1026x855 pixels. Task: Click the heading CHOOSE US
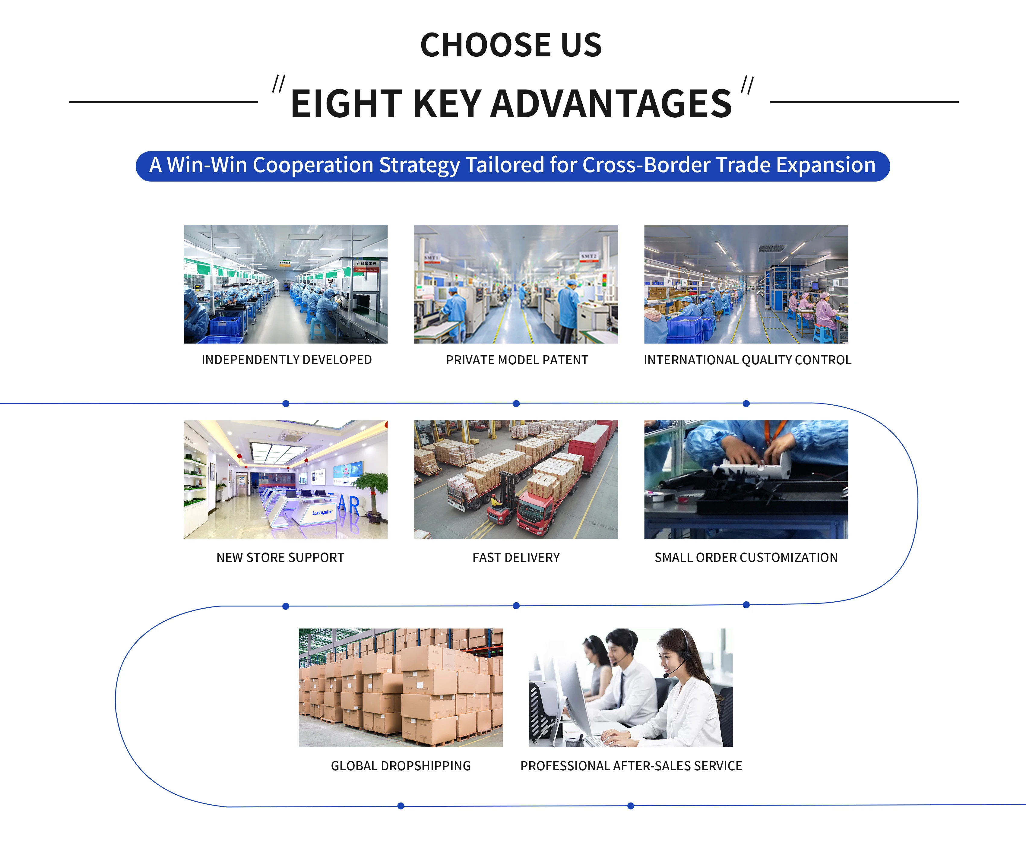[511, 45]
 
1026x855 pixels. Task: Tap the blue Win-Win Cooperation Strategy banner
[512, 166]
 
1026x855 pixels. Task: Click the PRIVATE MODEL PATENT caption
[517, 360]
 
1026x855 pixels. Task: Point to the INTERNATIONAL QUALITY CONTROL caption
[748, 360]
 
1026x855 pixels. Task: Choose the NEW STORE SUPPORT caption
[280, 557]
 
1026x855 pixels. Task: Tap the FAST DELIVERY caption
[516, 557]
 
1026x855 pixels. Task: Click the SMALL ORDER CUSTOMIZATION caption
[746, 557]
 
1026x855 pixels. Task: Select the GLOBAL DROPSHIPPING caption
[401, 766]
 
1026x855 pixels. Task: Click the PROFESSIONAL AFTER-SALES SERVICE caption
[631, 766]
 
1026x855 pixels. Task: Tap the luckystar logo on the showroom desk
[322, 512]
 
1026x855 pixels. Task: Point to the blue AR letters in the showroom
[349, 505]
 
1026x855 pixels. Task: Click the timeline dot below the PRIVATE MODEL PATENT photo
[516, 404]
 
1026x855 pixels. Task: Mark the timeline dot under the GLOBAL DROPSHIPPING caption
[401, 806]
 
